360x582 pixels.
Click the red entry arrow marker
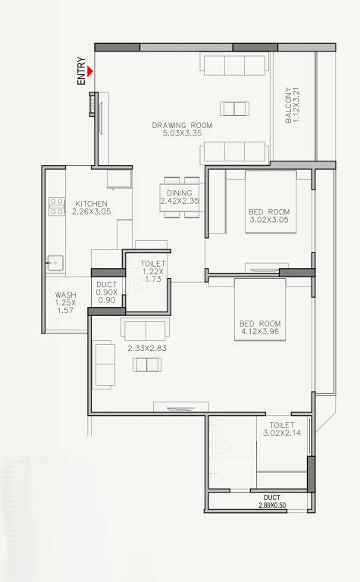(90, 72)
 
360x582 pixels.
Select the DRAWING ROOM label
(182, 125)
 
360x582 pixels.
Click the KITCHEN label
(91, 203)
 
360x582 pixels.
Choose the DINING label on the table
(180, 193)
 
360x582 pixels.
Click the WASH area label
(65, 296)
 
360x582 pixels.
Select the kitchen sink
(55, 263)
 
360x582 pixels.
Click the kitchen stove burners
(56, 206)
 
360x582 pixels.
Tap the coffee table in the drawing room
(233, 107)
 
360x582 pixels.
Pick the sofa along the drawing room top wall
(234, 64)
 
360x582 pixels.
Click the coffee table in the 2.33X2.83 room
(147, 365)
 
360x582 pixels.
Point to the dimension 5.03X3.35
(182, 133)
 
